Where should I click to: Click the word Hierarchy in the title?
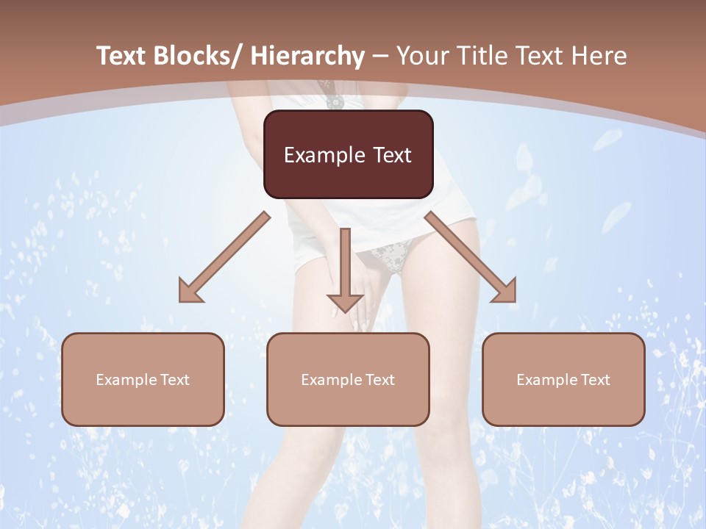point(307,56)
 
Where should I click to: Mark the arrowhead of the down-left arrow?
point(190,292)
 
